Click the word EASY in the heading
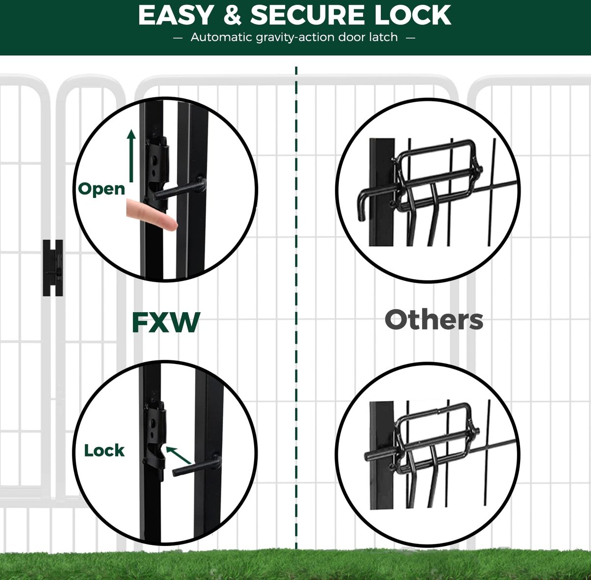pyautogui.click(x=175, y=15)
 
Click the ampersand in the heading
pyautogui.click(x=232, y=15)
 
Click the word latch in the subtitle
pyautogui.click(x=383, y=37)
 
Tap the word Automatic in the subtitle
pyautogui.click(x=221, y=37)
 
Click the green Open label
pyautogui.click(x=101, y=189)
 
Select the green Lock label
pyautogui.click(x=104, y=450)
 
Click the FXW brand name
pyautogui.click(x=166, y=322)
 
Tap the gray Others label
pyautogui.click(x=434, y=320)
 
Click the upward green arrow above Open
pyautogui.click(x=131, y=156)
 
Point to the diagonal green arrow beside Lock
pyautogui.click(x=178, y=455)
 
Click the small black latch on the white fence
pyautogui.click(x=53, y=268)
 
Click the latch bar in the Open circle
pyautogui.click(x=178, y=188)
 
